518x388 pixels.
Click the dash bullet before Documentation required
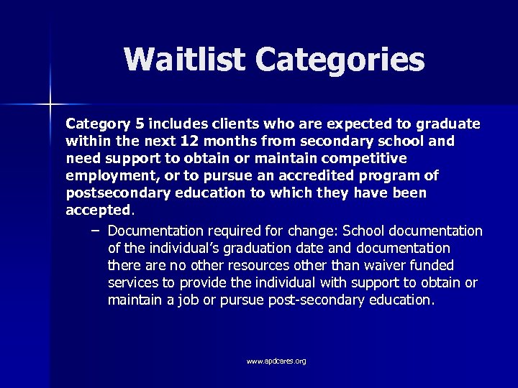(x=96, y=231)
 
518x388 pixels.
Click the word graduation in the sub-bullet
(x=269, y=248)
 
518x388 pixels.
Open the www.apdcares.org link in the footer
(x=276, y=361)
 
